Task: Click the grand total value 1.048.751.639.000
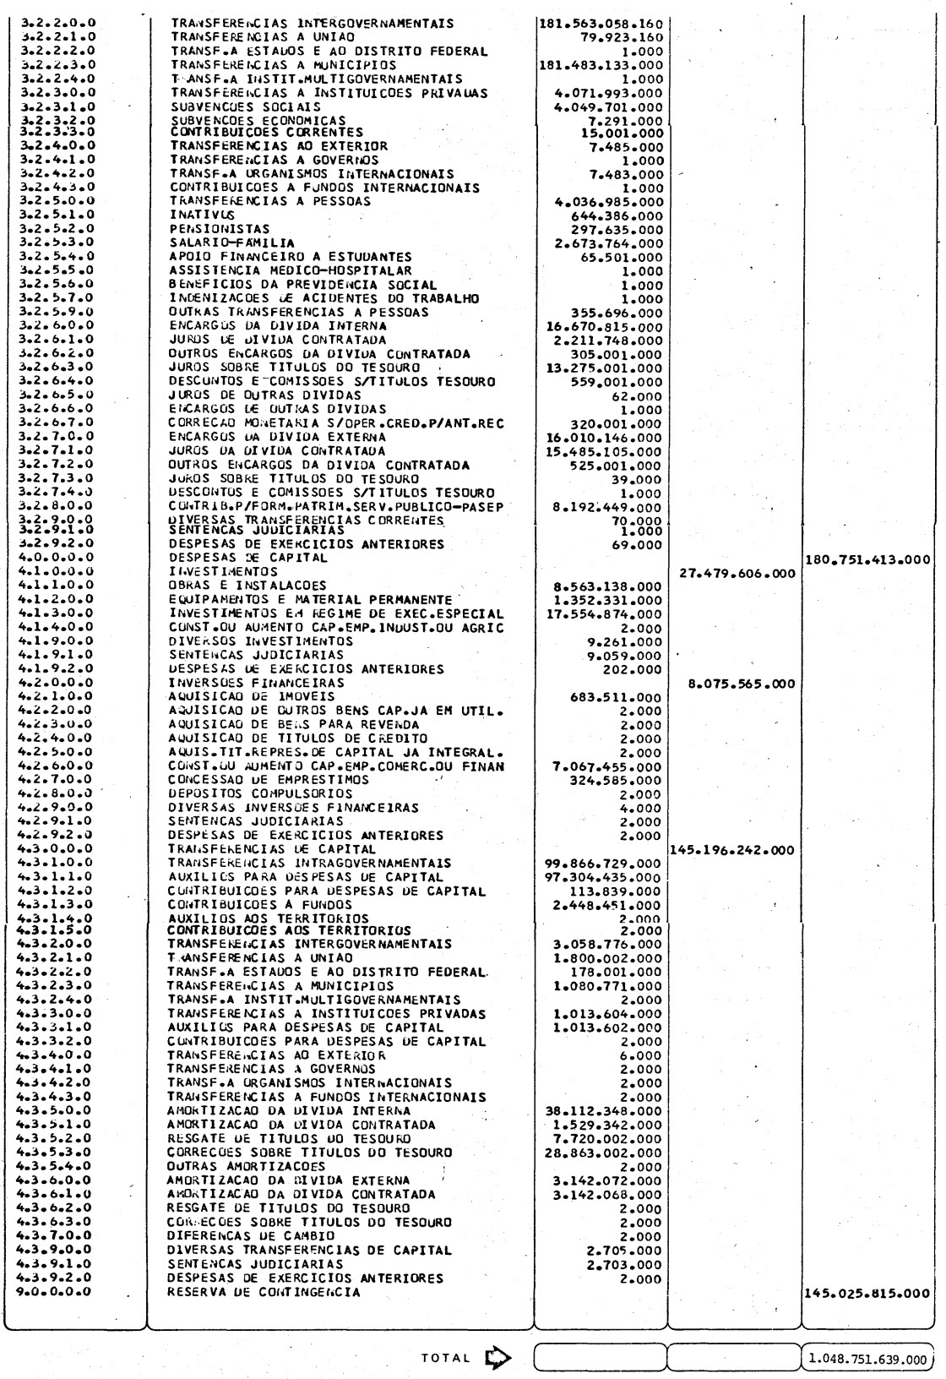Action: (867, 1357)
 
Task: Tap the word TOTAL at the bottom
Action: (444, 1357)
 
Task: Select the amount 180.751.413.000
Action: (868, 559)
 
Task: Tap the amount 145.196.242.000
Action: (731, 849)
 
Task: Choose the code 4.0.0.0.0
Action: (57, 559)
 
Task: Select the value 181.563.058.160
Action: (601, 24)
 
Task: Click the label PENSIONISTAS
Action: (208, 229)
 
